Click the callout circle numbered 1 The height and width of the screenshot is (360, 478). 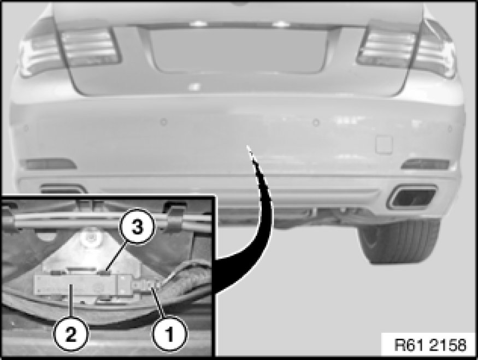169,333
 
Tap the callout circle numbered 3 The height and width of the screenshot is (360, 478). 137,227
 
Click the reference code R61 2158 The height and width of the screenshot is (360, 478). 430,345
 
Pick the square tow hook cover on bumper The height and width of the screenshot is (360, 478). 384,144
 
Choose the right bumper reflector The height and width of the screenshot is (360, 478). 425,164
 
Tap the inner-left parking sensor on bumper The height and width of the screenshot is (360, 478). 164,122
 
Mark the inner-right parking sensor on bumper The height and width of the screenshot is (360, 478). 316,123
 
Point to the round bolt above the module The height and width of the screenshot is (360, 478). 90,239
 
